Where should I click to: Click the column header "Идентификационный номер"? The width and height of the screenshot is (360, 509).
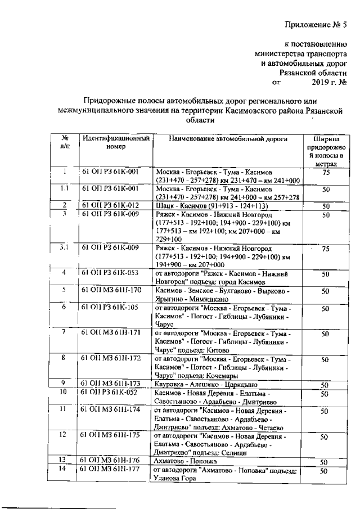[116, 143]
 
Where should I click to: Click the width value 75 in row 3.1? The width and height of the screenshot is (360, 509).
[325, 249]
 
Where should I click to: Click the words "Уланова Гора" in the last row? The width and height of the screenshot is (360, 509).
[172, 478]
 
